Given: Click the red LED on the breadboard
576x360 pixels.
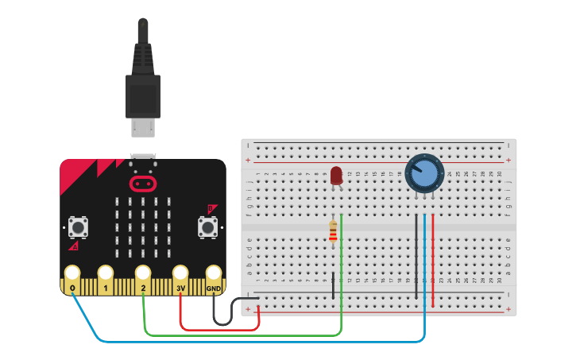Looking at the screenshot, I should tap(336, 176).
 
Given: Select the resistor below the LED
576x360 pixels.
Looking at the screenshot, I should tap(333, 231).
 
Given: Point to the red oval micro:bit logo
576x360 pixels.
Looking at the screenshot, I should tap(143, 184).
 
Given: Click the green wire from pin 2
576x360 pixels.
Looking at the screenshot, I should tap(238, 335).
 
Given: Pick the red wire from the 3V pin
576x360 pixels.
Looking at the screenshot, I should tap(222, 328).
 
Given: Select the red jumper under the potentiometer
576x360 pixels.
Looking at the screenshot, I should tap(433, 262).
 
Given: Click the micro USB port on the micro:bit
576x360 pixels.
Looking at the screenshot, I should tap(144, 157).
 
